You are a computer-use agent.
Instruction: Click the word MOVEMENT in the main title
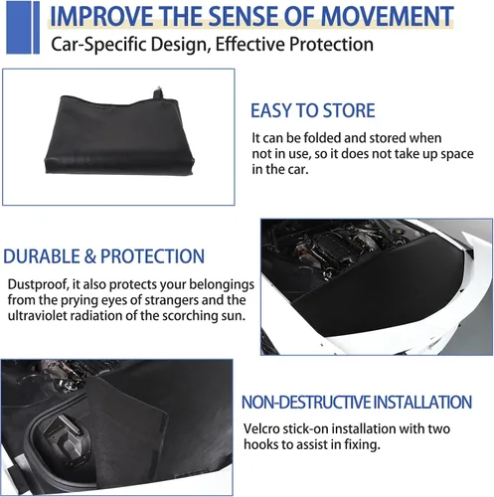(387, 16)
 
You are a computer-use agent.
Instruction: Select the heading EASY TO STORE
(313, 110)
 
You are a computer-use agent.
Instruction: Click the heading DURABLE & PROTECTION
(103, 256)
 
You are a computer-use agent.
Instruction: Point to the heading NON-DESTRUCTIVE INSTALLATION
(357, 403)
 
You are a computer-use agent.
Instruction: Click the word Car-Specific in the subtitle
(98, 45)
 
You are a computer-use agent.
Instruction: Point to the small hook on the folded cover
(159, 92)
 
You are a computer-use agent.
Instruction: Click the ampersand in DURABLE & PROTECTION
(89, 256)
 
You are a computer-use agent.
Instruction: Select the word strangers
(172, 300)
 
